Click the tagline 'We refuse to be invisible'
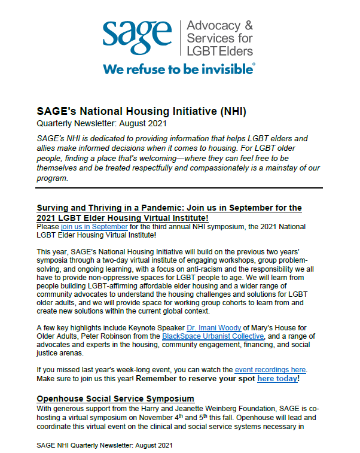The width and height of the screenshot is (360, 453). pyautogui.click(x=179, y=69)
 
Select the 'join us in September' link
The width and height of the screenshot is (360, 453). pyautogui.click(x=94, y=227)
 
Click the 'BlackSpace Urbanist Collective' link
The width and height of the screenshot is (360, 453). pyautogui.click(x=213, y=336)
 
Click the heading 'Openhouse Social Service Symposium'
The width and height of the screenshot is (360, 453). pyautogui.click(x=115, y=398)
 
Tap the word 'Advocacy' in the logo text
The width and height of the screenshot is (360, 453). pyautogui.click(x=220, y=26)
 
